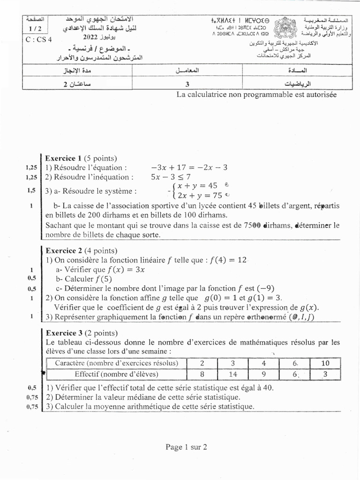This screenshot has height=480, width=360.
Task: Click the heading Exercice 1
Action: click(x=64, y=157)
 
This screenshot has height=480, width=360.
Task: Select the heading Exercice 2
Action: click(x=64, y=250)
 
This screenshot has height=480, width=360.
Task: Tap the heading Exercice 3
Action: click(x=64, y=333)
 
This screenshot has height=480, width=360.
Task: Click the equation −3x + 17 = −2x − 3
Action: click(x=189, y=167)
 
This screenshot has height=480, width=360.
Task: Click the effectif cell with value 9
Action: click(x=263, y=374)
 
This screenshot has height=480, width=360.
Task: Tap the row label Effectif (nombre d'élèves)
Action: click(x=116, y=374)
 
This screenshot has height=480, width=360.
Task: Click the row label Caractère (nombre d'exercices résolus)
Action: click(x=116, y=363)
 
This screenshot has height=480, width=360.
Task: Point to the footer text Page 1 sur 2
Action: click(x=186, y=447)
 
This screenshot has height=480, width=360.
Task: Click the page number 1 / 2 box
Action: click(x=34, y=28)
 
